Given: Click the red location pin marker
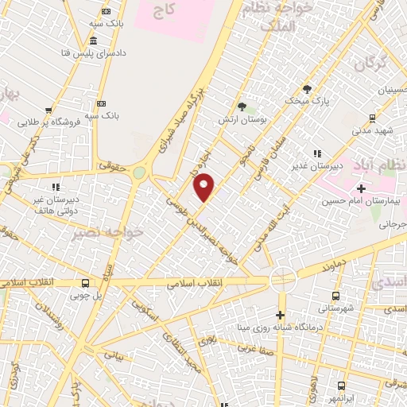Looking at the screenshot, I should tap(204, 186).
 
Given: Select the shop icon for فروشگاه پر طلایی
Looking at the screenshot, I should tap(48, 110).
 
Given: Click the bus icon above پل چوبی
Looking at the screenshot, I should tap(85, 283).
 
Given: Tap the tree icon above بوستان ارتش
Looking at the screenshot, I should tap(242, 107).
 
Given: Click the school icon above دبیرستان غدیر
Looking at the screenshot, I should tap(316, 153).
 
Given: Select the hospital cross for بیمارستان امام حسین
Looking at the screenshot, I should tap(362, 188).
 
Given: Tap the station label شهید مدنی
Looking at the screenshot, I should tap(373, 130).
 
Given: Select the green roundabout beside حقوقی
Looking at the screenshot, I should tap(140, 172).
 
